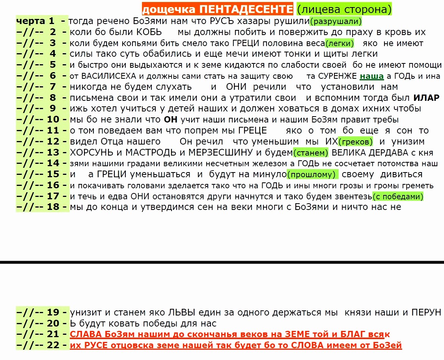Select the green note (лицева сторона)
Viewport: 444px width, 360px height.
[x=343, y=9]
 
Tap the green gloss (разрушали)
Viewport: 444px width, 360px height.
[x=336, y=21]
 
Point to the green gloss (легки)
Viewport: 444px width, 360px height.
[x=340, y=43]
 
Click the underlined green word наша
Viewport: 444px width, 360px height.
[x=371, y=76]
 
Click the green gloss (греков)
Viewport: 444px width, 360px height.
[x=356, y=141]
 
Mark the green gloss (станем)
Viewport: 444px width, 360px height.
[x=311, y=152]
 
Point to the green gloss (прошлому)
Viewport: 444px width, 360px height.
[x=312, y=174]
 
